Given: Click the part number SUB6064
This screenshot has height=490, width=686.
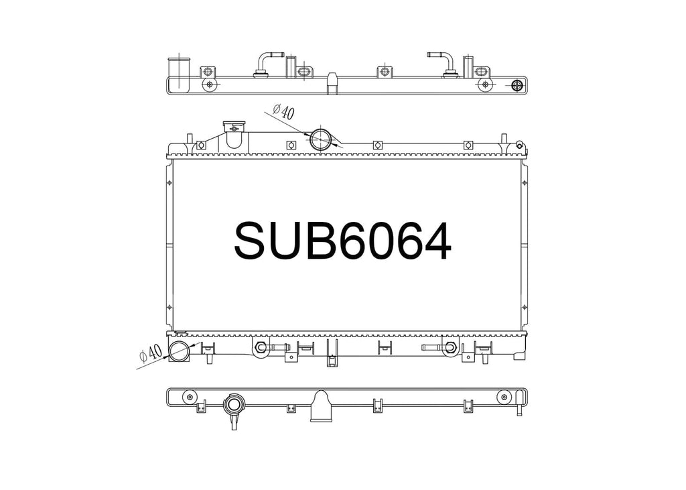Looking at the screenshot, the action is click(x=342, y=241).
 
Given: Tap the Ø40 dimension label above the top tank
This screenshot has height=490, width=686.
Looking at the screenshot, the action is click(x=283, y=112).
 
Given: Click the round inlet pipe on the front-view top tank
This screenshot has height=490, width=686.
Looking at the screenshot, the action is click(x=321, y=139).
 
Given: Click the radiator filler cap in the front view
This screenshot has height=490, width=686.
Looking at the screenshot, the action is click(x=235, y=127).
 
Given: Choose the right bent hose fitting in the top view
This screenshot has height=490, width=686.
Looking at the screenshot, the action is click(x=443, y=66).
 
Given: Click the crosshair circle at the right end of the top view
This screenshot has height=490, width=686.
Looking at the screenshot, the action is click(x=518, y=85).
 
